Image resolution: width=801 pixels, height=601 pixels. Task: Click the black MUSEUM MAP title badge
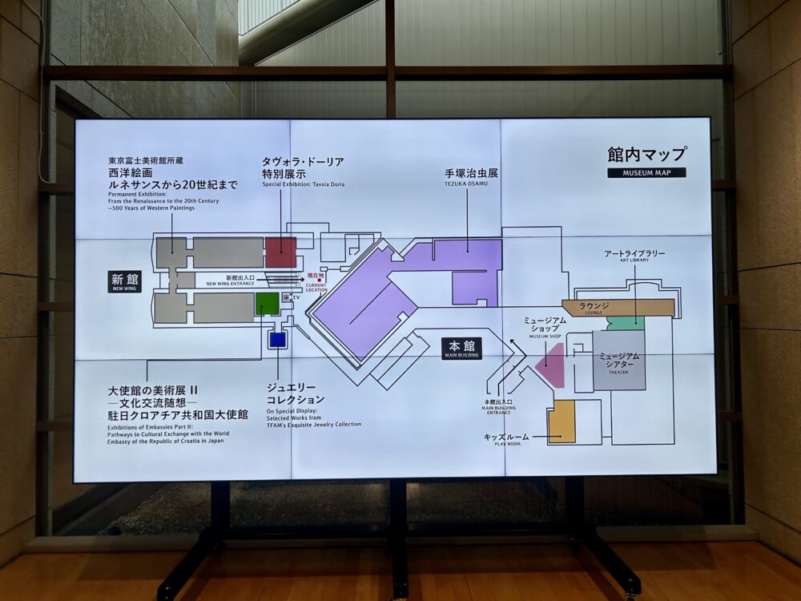coord(646,172)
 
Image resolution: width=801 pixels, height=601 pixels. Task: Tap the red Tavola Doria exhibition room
coord(280,252)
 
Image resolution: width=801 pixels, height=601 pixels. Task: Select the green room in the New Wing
coord(267,304)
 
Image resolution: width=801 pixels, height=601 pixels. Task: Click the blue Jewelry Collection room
coord(277,340)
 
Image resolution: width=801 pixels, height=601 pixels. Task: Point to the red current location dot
coord(320,280)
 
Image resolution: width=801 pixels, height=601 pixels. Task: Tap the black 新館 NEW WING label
coord(125,281)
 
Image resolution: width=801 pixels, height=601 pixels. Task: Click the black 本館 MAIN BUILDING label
coord(461,348)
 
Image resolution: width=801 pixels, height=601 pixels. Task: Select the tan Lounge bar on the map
coord(618,308)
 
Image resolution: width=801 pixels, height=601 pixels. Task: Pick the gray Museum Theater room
coord(618,361)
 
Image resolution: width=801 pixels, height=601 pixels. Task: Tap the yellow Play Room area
coord(562,422)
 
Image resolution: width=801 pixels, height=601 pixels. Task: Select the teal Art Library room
coord(626,323)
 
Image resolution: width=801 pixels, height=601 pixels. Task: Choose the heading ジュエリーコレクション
coord(296,393)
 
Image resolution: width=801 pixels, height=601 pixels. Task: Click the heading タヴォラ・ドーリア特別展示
coord(303,167)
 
